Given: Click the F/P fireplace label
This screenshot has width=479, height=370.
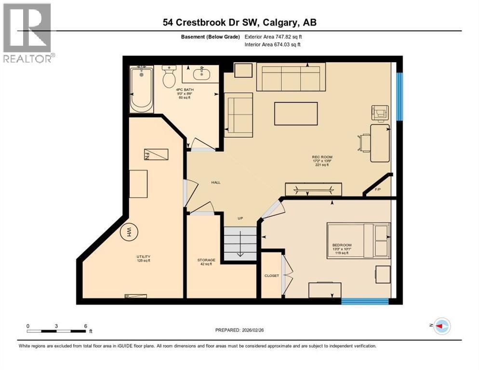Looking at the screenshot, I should (378, 189).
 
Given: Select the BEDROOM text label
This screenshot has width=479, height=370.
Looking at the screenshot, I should (342, 245).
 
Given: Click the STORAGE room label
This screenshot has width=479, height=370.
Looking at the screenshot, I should (206, 260).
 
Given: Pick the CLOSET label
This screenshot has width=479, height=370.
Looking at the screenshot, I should (271, 276).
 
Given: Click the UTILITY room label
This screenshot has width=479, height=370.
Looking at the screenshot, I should (143, 257).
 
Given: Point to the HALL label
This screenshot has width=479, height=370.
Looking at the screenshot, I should (216, 183).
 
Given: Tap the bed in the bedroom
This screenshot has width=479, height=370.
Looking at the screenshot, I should (359, 240).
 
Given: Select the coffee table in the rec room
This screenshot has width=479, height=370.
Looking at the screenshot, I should (296, 114).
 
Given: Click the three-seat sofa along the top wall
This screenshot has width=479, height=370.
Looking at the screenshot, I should (288, 77).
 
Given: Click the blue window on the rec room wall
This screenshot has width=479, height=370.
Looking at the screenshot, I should (399, 96).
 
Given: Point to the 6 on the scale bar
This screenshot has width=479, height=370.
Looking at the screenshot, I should (85, 326).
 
